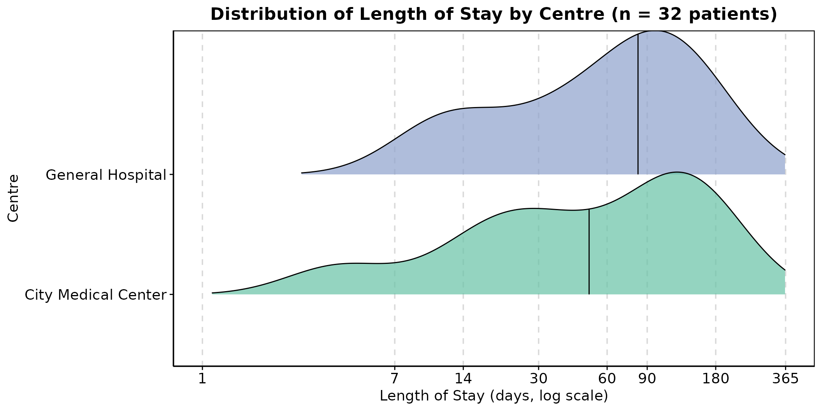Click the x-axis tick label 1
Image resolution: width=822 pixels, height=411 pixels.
202,379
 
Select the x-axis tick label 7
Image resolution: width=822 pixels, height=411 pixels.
395,379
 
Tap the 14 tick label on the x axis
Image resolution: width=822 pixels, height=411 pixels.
463,379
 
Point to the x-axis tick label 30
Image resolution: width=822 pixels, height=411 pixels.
539,379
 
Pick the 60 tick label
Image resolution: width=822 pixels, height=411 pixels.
607,379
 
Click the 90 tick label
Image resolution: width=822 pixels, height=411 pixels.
647,379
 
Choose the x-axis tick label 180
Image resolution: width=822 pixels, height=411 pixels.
715,379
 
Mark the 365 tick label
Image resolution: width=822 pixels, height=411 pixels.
785,379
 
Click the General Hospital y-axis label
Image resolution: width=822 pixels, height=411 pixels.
106,175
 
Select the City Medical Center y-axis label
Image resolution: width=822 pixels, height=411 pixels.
95,295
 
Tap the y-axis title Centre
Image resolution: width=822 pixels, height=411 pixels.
13,198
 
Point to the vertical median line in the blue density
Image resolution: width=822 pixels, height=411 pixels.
638,104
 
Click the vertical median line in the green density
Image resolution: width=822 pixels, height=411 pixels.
589,251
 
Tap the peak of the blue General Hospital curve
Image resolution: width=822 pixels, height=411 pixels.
656,31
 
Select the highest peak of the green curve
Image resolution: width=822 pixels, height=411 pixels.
677,172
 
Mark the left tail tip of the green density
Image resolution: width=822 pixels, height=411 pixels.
213,293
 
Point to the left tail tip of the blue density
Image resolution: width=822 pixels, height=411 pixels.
302,173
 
